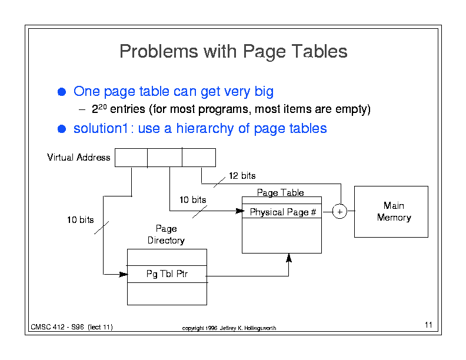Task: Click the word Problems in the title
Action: coord(159,51)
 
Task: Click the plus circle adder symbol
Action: coord(339,212)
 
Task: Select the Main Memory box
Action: coord(391,212)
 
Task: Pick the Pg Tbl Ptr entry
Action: coord(167,274)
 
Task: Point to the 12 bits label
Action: coord(242,175)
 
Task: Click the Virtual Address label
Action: coord(78,157)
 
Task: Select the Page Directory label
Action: coord(166,234)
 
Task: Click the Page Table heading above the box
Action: coord(280,192)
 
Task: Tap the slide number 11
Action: coord(428,325)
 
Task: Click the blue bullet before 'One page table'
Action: coord(62,92)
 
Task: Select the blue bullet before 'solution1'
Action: coord(62,129)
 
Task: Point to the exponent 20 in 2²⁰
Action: coord(102,106)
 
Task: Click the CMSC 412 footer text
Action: coord(72,327)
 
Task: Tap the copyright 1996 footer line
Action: coord(229,328)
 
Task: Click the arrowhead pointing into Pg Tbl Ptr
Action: coord(124,274)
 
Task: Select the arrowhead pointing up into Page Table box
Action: coord(288,258)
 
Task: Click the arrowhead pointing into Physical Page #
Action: coord(239,211)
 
